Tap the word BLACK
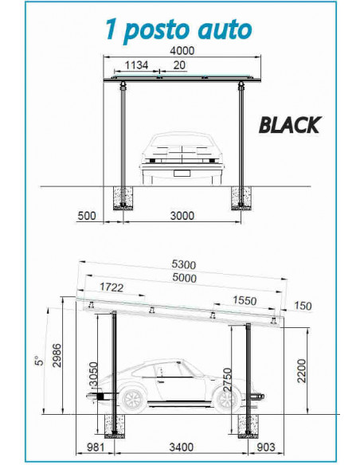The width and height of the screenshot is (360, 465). click(289, 125)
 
